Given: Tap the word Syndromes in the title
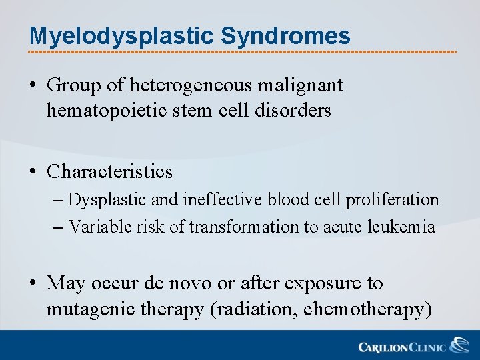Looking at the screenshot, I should point(285,36).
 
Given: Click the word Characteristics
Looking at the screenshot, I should point(109,172).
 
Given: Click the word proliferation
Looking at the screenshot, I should point(393,200).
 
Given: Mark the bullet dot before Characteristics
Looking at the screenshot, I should point(33,173).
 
